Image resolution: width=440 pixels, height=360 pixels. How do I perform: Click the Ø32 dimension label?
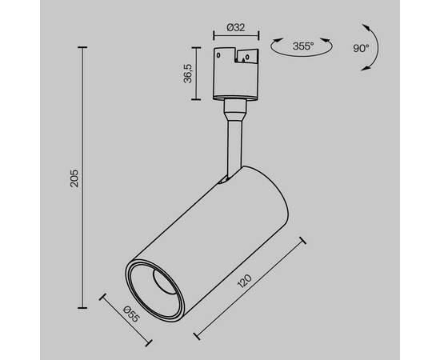(x=235, y=27)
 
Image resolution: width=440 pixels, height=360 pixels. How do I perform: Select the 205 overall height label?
(x=73, y=177)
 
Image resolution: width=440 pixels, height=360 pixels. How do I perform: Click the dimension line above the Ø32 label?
(x=235, y=37)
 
